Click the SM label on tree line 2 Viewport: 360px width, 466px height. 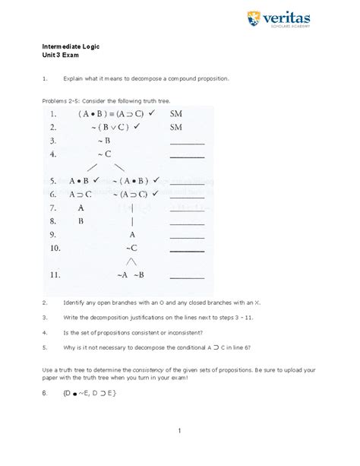[176, 127]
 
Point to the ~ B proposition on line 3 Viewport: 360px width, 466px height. [104, 141]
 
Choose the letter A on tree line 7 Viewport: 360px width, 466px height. [81, 207]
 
